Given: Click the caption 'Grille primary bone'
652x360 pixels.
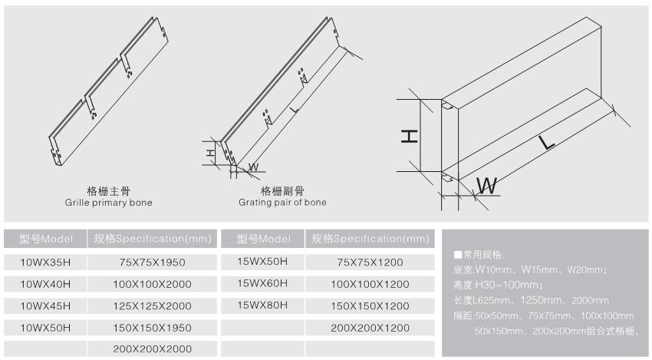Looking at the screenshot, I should tap(109, 203).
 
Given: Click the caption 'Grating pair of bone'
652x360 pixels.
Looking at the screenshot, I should tap(282, 203).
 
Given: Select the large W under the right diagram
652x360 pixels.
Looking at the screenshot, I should tap(488, 185).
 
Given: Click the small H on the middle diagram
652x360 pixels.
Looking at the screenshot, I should tap(209, 153).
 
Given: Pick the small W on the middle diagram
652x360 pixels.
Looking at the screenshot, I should tap(253, 166).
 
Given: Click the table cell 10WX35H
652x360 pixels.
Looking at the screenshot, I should tap(44, 262).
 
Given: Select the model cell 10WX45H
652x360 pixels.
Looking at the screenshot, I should tap(44, 306).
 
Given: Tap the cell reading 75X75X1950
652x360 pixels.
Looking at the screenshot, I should tap(153, 262).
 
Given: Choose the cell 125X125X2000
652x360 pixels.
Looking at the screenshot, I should tap(153, 306).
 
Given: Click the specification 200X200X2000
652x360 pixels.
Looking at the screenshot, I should tap(153, 349).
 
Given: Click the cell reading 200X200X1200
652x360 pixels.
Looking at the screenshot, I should tap(370, 328).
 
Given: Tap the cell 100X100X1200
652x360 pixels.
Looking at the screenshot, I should tap(370, 284).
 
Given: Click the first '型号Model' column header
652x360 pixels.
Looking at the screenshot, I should tap(44, 239).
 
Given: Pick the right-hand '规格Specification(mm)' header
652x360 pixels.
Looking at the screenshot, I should tap(370, 239).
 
